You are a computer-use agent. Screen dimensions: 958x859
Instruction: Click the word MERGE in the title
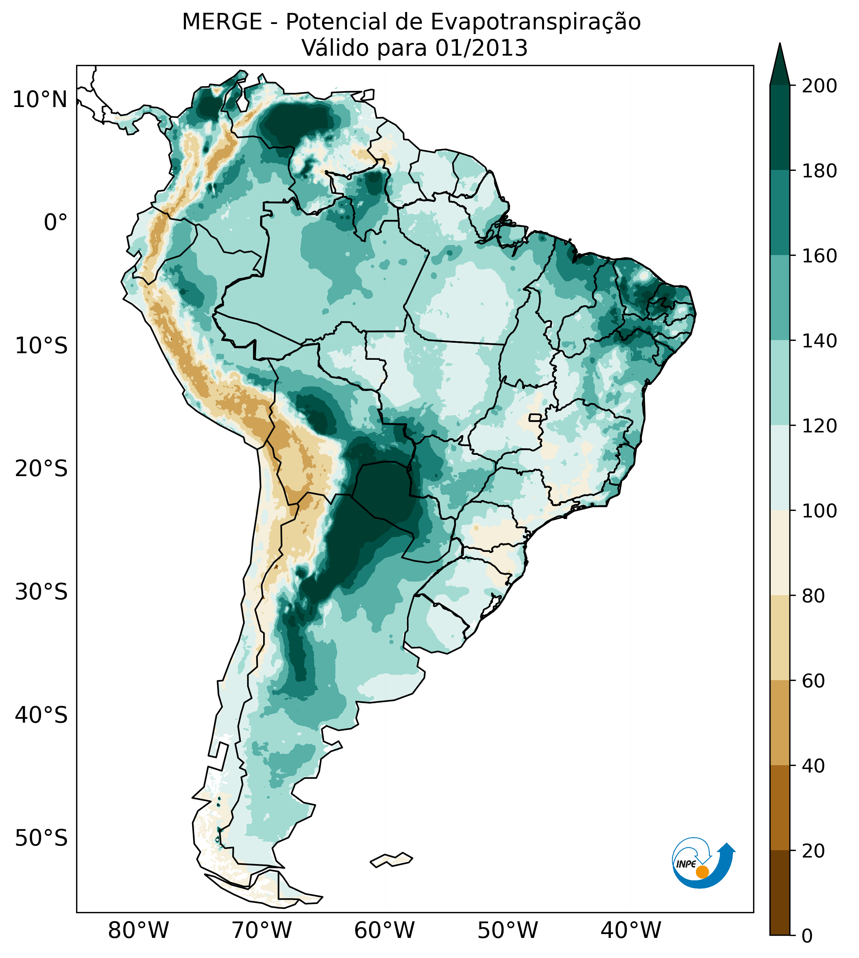click(x=222, y=22)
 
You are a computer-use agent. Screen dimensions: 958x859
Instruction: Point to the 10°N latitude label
click(x=40, y=100)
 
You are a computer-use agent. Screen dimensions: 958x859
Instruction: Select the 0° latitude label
click(x=55, y=223)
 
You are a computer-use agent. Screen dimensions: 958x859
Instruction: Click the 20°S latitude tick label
click(x=41, y=470)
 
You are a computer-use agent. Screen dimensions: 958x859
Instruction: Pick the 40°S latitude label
click(x=41, y=716)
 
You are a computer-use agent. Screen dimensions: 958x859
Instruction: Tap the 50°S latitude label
click(x=41, y=839)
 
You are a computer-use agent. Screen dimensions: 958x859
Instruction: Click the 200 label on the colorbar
click(x=819, y=86)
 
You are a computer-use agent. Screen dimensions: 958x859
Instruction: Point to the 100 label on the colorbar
click(x=819, y=511)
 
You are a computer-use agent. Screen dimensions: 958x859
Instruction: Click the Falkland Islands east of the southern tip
click(x=391, y=859)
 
